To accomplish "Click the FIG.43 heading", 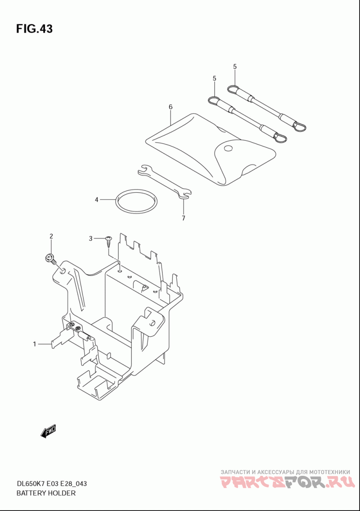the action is [x=34, y=29].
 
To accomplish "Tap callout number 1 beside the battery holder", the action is [x=34, y=344].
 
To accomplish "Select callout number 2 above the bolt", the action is [x=51, y=236].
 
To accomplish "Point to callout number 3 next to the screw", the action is [x=90, y=238].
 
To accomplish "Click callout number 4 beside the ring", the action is [x=96, y=199].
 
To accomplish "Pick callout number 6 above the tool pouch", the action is [x=171, y=107].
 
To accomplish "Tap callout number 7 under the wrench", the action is [x=183, y=218].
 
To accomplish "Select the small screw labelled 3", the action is [x=108, y=241].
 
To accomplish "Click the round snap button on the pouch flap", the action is [x=229, y=148].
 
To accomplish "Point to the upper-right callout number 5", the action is [x=235, y=67].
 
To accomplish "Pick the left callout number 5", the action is [x=215, y=78].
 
